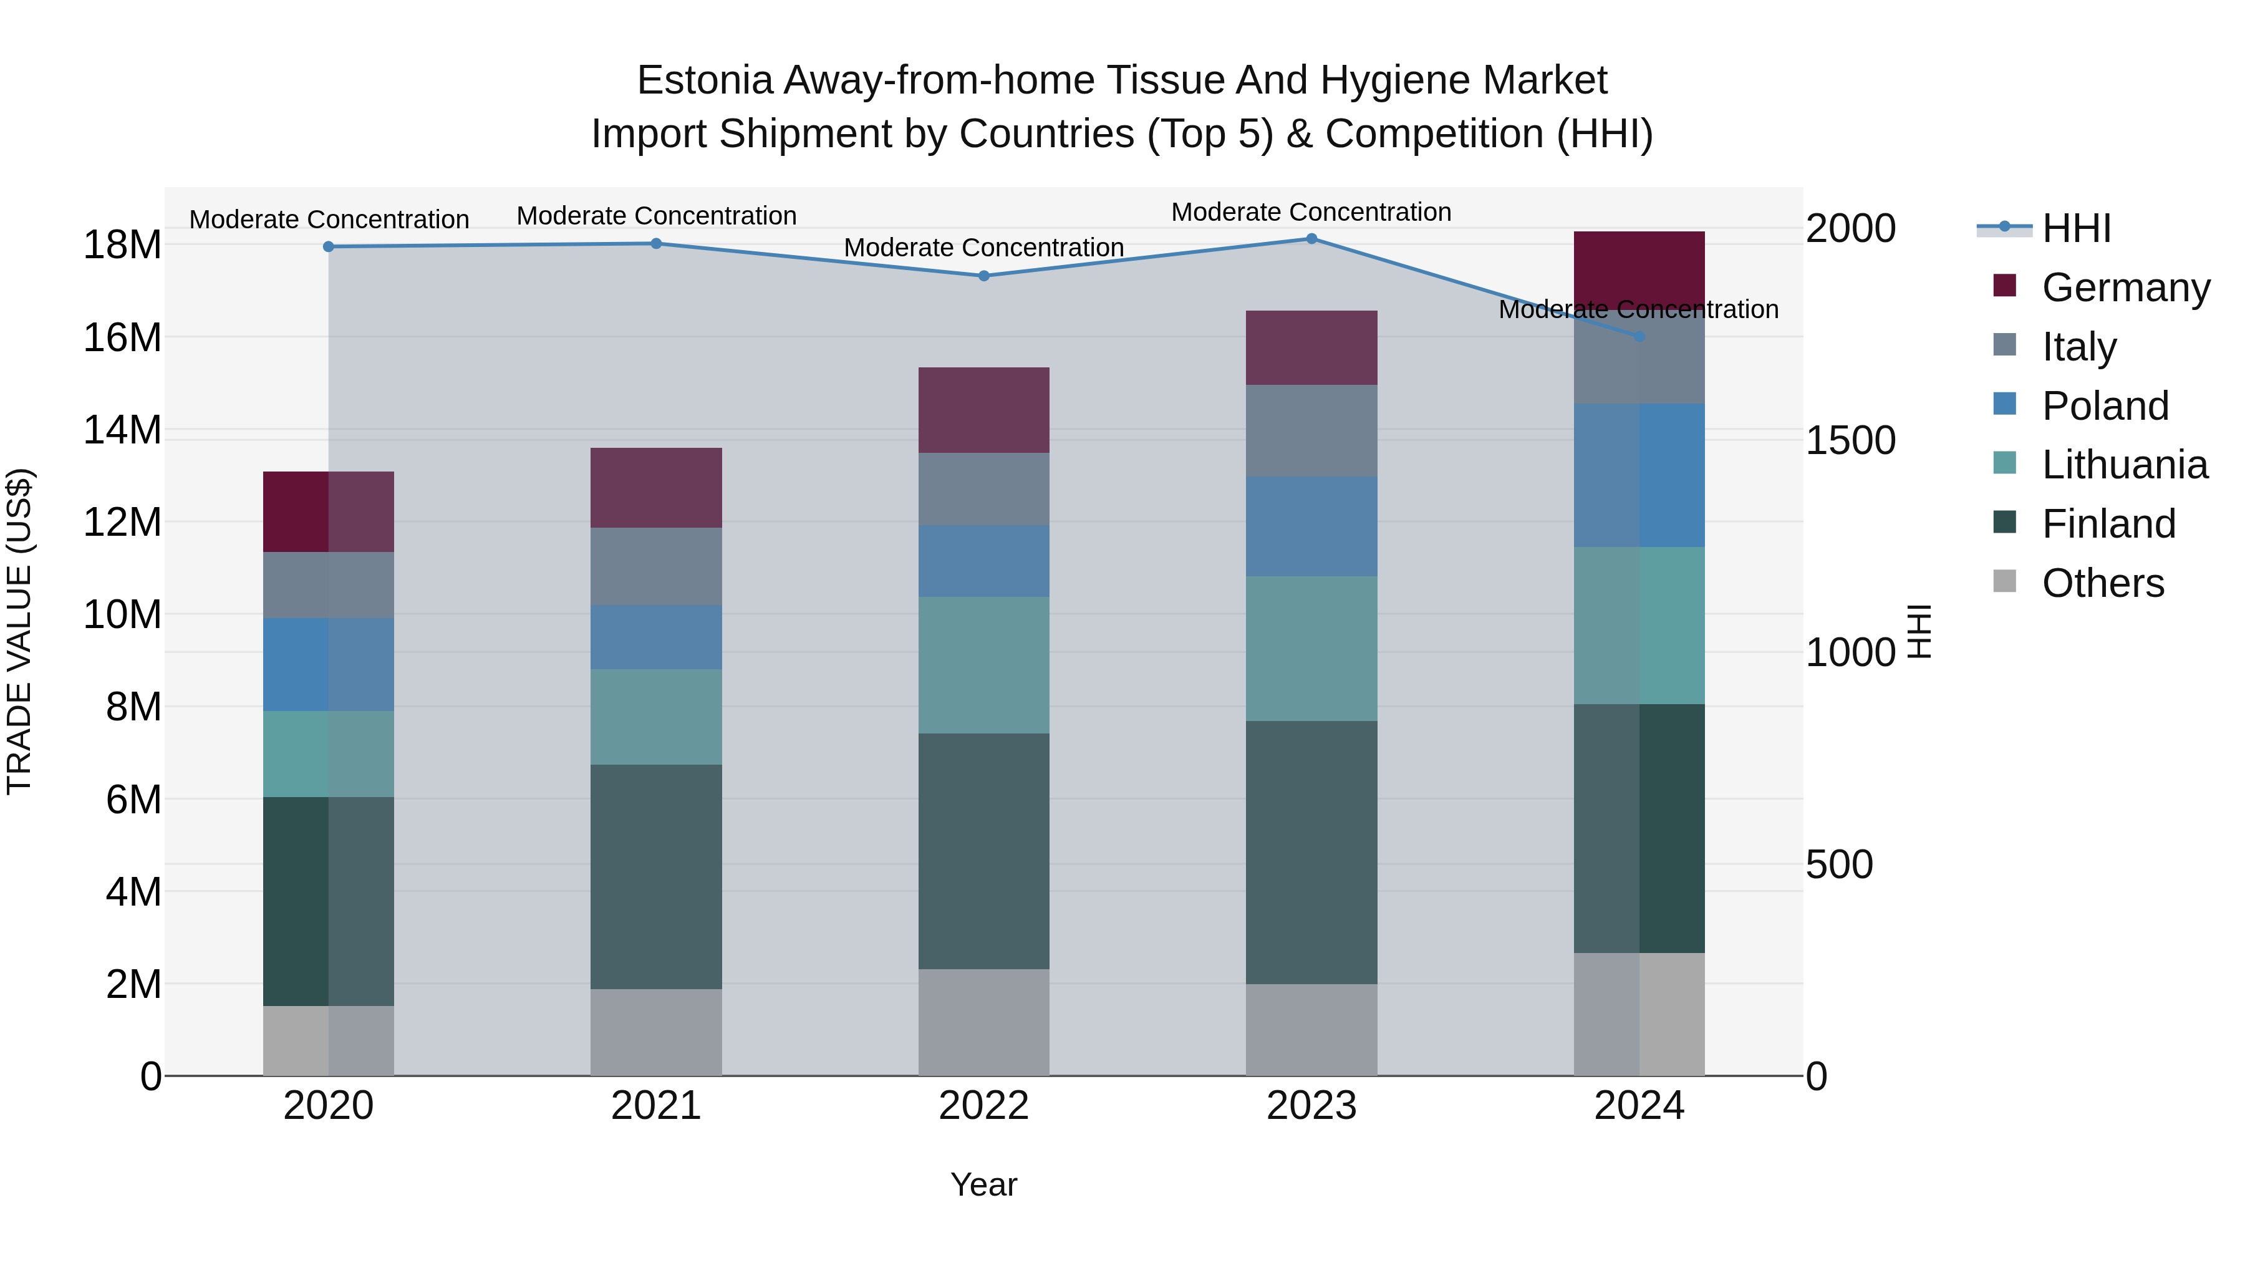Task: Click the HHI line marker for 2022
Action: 984,276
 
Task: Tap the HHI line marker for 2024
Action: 1639,336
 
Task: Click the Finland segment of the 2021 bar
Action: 655,876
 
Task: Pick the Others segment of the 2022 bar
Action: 984,1022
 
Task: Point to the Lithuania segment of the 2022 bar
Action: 984,664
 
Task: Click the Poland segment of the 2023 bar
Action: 1311,526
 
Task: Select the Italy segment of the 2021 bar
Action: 655,566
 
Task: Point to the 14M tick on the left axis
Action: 122,430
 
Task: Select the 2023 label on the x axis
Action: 1311,1106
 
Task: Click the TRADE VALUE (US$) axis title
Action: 19,631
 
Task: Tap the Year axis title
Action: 984,1184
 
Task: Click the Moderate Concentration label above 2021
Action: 656,215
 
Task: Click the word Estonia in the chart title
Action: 705,80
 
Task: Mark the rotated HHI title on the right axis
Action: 1920,631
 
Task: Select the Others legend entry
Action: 2102,583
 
